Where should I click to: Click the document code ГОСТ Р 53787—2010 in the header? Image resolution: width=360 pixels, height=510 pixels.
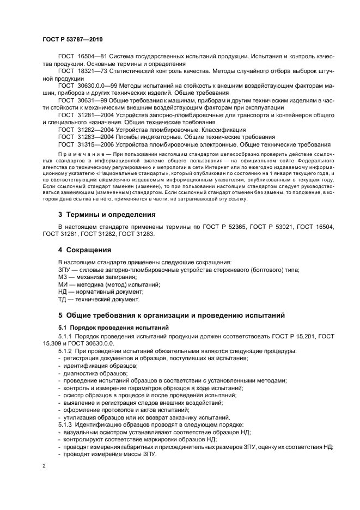[72, 40]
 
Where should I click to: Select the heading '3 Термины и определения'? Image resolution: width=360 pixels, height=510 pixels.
[107, 215]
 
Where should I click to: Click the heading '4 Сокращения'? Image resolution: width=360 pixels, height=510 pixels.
[85, 250]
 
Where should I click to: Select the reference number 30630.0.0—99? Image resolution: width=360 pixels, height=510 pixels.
[101, 86]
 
